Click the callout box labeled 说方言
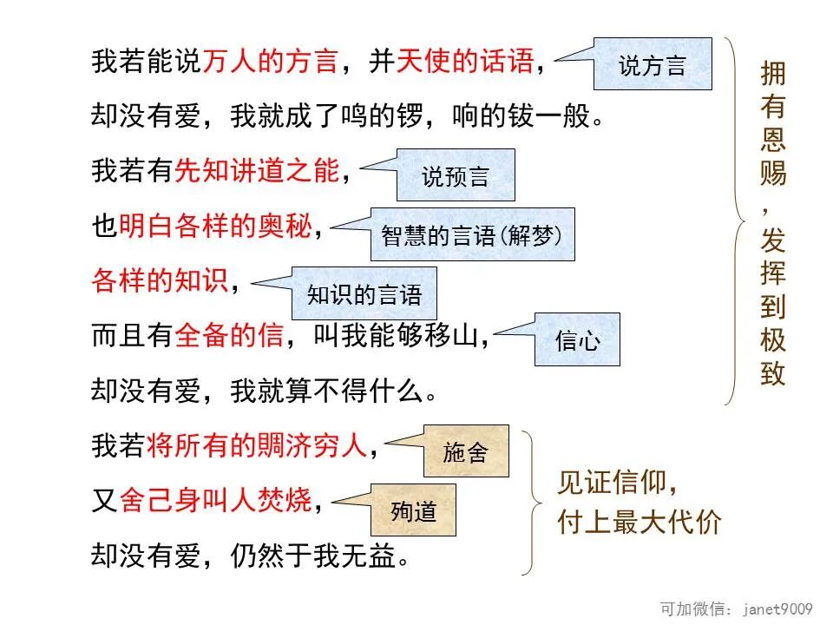coord(653,64)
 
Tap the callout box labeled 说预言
coord(456,175)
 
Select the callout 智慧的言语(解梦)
coord(473,234)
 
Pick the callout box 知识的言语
coord(364,293)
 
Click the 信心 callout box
coord(577,339)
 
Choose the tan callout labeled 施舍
coord(466,451)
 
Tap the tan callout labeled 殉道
coord(414,510)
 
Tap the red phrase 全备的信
coord(229,337)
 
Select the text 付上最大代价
coord(639,523)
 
